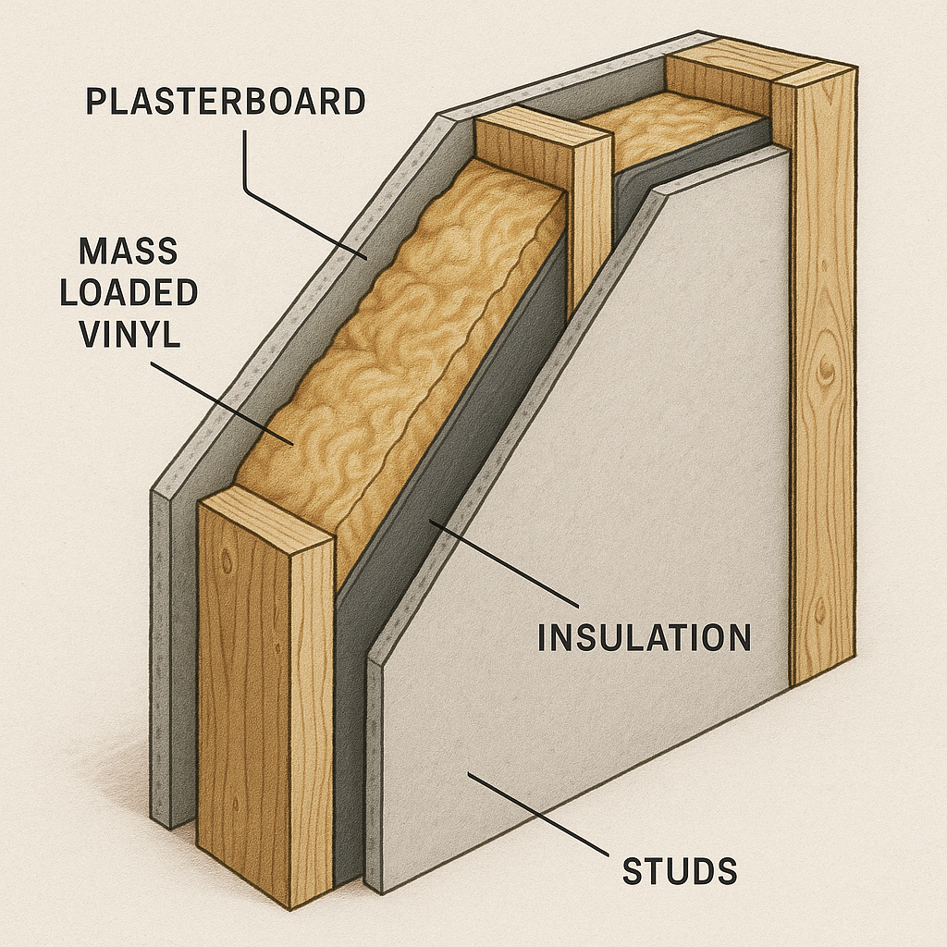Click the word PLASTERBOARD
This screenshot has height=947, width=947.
(x=225, y=101)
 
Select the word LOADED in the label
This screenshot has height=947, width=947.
(x=138, y=292)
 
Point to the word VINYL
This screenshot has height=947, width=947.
(x=129, y=333)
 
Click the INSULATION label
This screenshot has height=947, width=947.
(x=644, y=638)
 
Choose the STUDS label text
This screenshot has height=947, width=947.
(x=680, y=871)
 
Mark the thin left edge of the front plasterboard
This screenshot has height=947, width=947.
(x=375, y=758)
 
